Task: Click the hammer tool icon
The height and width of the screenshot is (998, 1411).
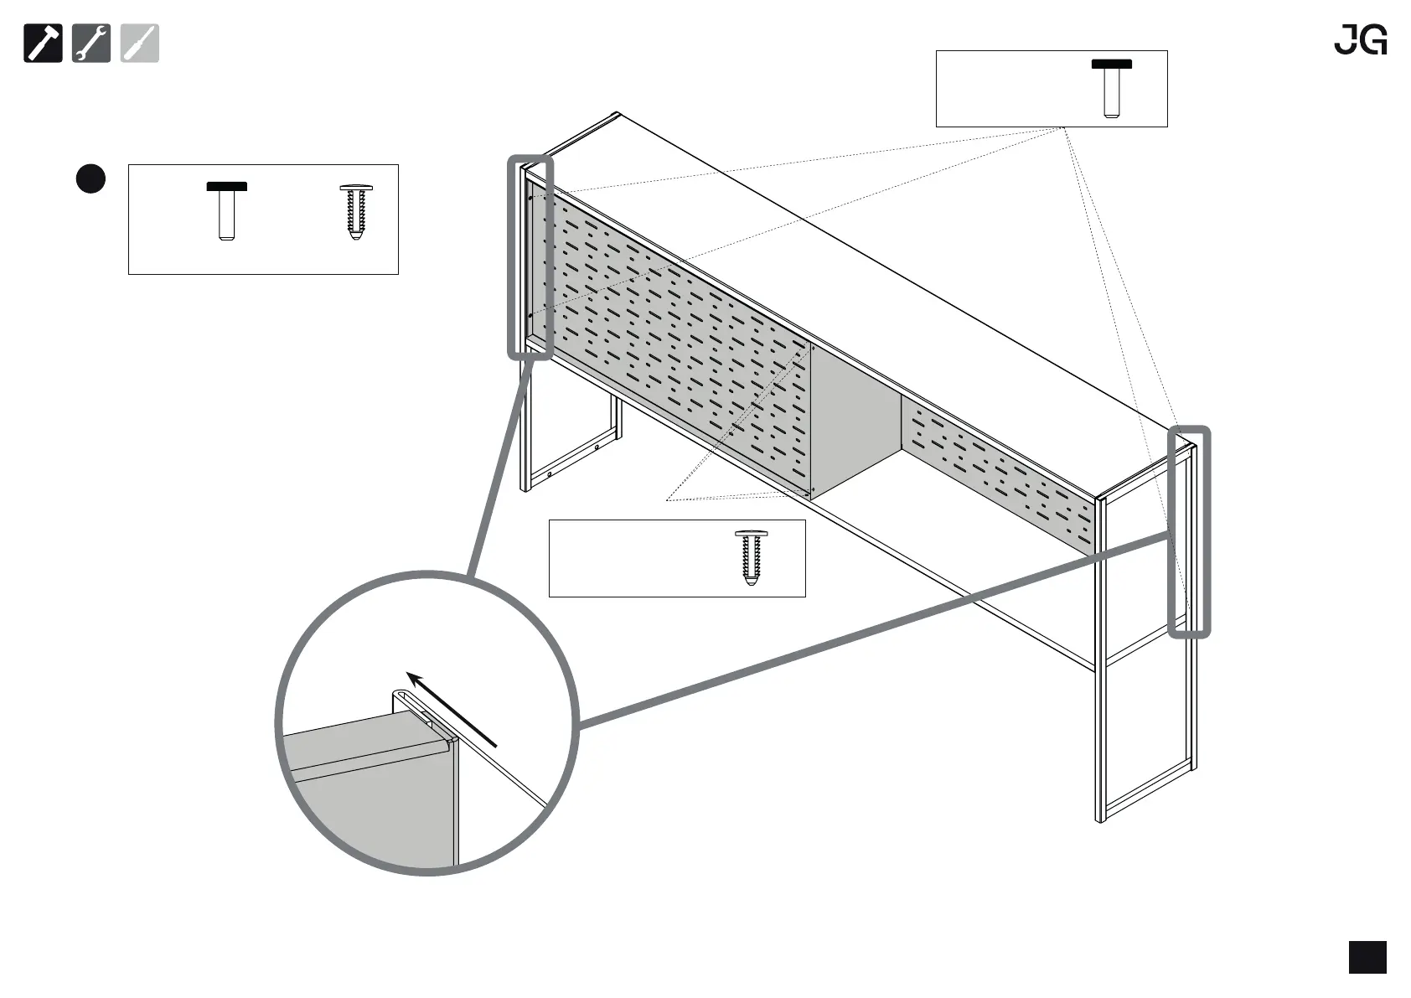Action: (x=43, y=44)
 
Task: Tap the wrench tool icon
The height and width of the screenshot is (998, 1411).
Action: (x=91, y=44)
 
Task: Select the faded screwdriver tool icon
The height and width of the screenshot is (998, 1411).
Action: (x=139, y=44)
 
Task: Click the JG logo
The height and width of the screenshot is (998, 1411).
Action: (x=1360, y=39)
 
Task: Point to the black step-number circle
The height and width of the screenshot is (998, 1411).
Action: (x=91, y=178)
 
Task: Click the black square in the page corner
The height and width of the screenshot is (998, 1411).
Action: (x=1367, y=957)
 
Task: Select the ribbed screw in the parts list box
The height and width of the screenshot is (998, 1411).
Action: (x=356, y=212)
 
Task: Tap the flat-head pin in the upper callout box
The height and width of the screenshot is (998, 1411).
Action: (x=1111, y=88)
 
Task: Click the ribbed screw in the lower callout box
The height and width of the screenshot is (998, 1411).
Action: (x=751, y=556)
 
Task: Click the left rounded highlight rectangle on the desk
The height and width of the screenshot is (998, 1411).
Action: (x=530, y=257)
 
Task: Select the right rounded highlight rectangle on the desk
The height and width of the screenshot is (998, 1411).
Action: (x=1190, y=531)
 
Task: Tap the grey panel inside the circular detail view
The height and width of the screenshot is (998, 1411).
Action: (x=369, y=804)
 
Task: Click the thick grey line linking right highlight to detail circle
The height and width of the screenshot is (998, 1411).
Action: (x=871, y=628)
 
